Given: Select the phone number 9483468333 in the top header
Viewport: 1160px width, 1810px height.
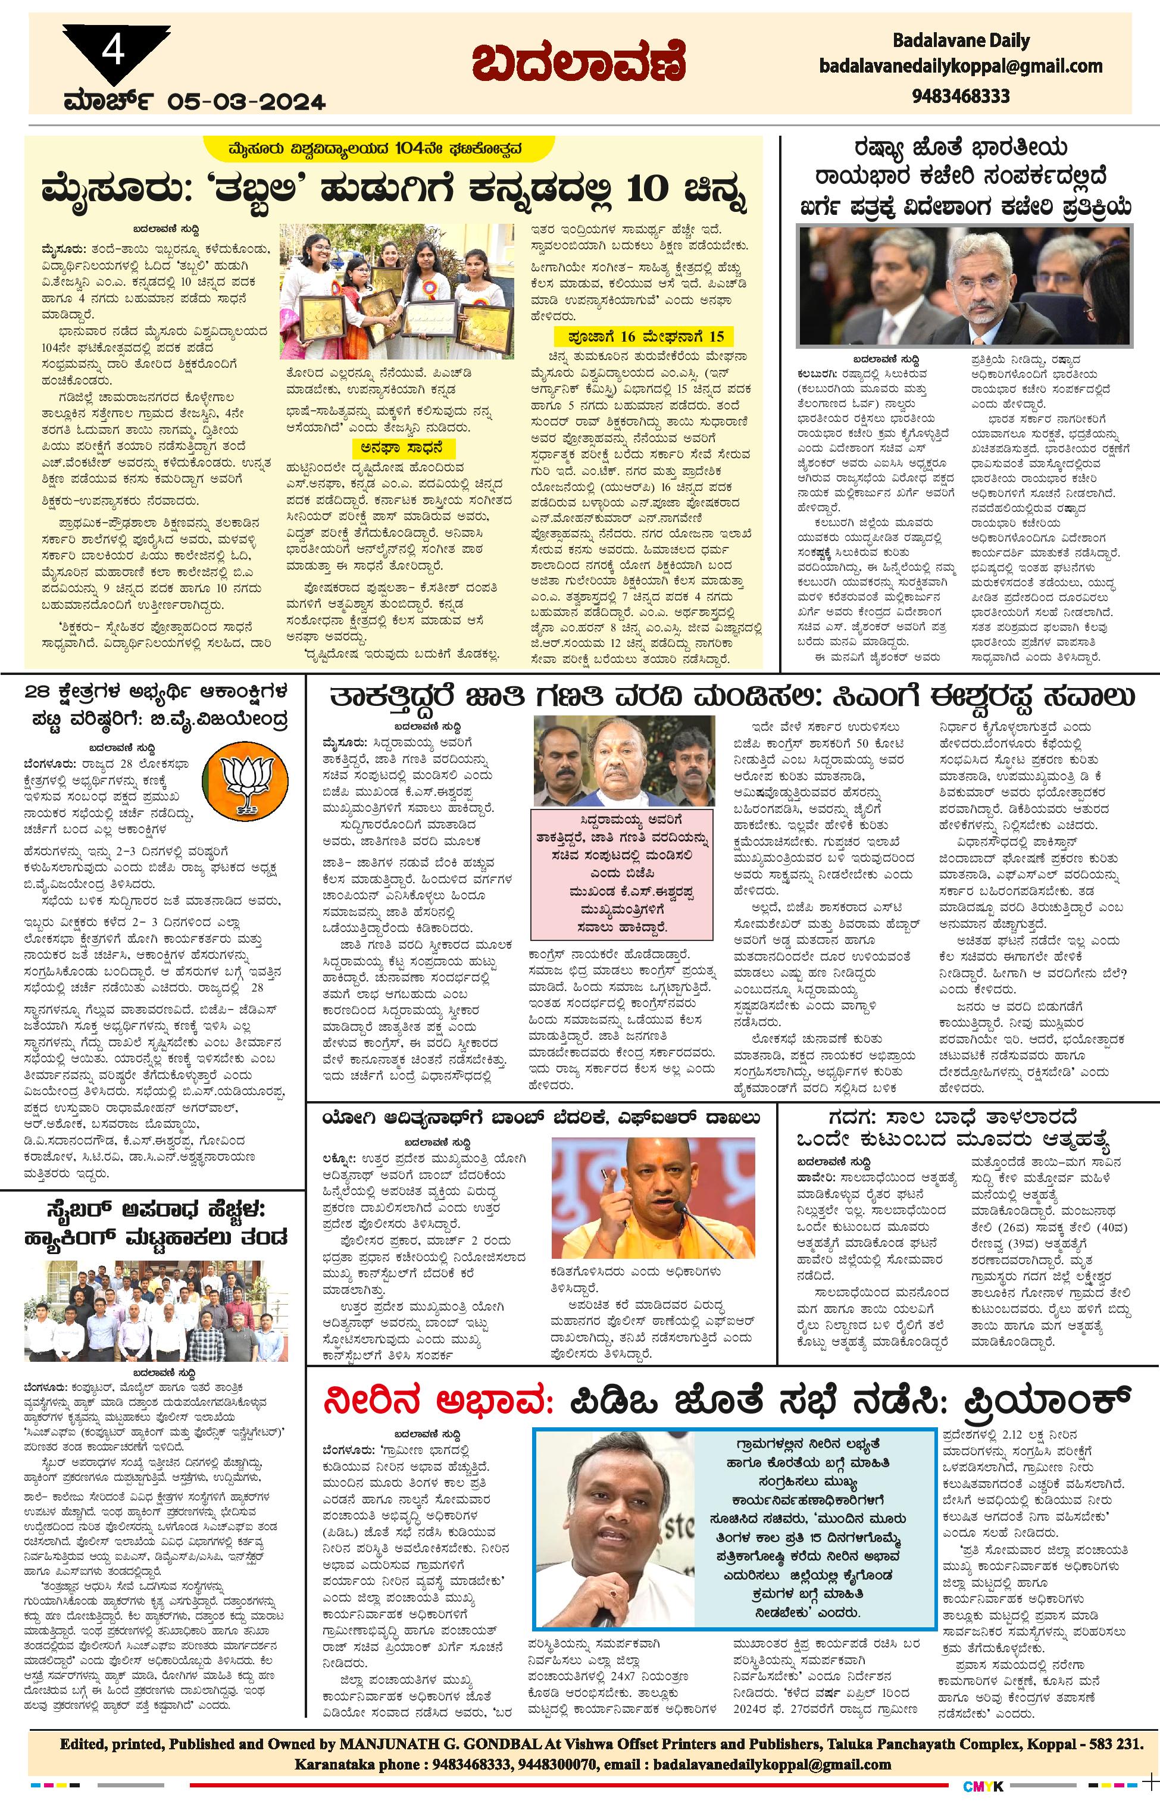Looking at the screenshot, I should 961,96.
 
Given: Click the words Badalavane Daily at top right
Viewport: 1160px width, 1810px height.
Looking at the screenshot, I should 961,40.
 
